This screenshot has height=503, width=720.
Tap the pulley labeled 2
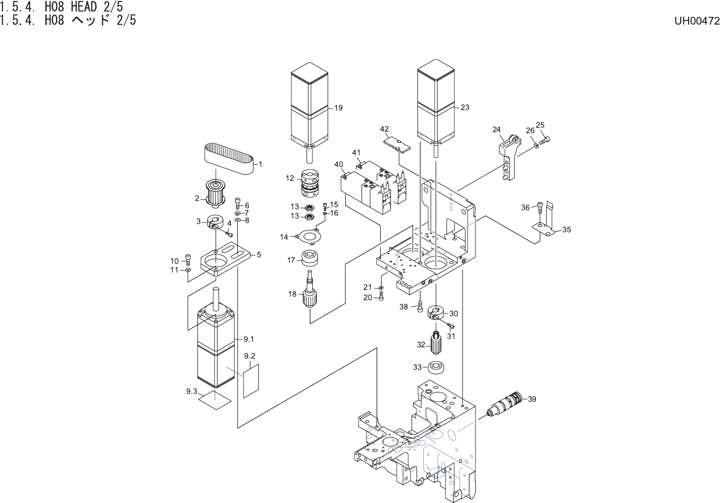tap(215, 193)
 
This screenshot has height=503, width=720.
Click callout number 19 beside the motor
tap(338, 108)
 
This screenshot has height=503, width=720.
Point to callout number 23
tap(465, 108)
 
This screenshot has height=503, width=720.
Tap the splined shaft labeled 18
tap(309, 293)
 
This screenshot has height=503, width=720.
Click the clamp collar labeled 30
tap(436, 312)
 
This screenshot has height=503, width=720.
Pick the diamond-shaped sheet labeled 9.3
tap(215, 399)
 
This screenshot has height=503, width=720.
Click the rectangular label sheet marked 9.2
tap(250, 381)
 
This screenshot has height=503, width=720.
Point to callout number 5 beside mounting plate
tap(259, 255)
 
